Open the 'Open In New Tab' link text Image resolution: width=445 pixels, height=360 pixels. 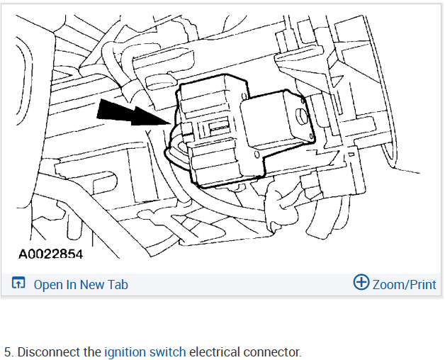point(81,285)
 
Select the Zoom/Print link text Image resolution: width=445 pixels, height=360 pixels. point(404,285)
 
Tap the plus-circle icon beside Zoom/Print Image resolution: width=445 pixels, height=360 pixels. point(361,283)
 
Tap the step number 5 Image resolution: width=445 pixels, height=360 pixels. point(8,351)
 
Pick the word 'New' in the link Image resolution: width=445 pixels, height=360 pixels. point(92,285)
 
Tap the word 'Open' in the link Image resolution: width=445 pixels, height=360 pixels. point(47,285)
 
